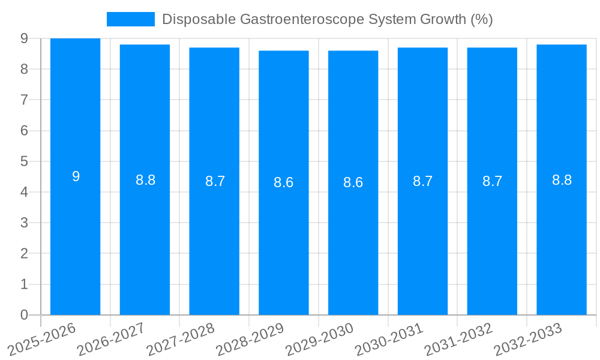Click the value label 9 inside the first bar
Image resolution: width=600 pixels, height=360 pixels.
(x=76, y=176)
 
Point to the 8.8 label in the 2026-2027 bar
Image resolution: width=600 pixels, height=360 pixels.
(x=145, y=180)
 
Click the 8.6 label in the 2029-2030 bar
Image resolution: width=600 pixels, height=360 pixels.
(x=353, y=182)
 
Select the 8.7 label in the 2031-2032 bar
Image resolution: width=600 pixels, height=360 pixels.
(x=492, y=181)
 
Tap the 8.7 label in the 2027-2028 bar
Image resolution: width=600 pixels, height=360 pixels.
(x=215, y=181)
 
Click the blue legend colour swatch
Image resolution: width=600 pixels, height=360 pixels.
(x=130, y=19)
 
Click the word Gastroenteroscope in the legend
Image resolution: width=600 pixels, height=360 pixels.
(x=285, y=19)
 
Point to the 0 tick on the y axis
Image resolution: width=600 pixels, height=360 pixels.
(x=24, y=315)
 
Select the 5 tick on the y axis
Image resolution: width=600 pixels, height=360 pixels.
(x=24, y=161)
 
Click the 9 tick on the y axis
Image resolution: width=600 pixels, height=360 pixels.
(x=24, y=38)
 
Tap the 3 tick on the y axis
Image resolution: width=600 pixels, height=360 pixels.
(x=24, y=223)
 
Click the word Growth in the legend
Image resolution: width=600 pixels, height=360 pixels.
(x=439, y=19)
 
